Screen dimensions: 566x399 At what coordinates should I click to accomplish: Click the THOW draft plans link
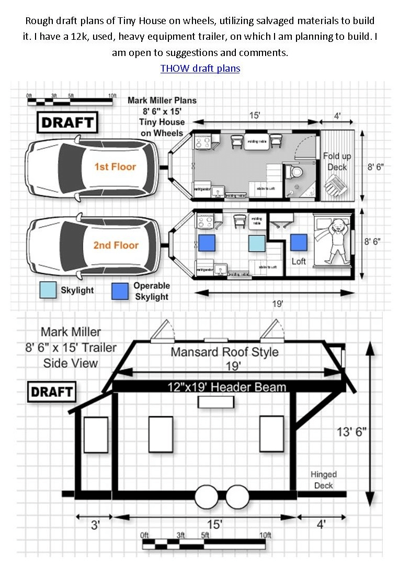click(200, 69)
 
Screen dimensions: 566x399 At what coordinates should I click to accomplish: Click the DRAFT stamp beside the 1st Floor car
click(67, 123)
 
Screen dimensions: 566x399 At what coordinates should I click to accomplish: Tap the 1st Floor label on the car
click(115, 167)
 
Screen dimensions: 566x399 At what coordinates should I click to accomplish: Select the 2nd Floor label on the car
click(116, 245)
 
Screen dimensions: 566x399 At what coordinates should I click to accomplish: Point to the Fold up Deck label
click(337, 161)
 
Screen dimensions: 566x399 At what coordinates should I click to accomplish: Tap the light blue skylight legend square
click(48, 290)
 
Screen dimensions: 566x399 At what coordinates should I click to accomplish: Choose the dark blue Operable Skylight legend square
click(120, 292)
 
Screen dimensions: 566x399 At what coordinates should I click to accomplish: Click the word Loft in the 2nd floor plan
click(299, 261)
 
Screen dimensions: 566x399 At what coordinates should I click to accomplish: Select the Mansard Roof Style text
click(224, 351)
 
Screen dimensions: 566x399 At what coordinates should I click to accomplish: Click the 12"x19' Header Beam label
click(226, 387)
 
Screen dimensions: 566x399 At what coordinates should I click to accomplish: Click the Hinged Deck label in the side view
click(324, 480)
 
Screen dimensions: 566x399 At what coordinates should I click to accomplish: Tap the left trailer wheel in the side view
click(207, 497)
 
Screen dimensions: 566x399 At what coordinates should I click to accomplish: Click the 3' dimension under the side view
click(95, 524)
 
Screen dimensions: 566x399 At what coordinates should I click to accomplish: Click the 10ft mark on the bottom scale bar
click(265, 535)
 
